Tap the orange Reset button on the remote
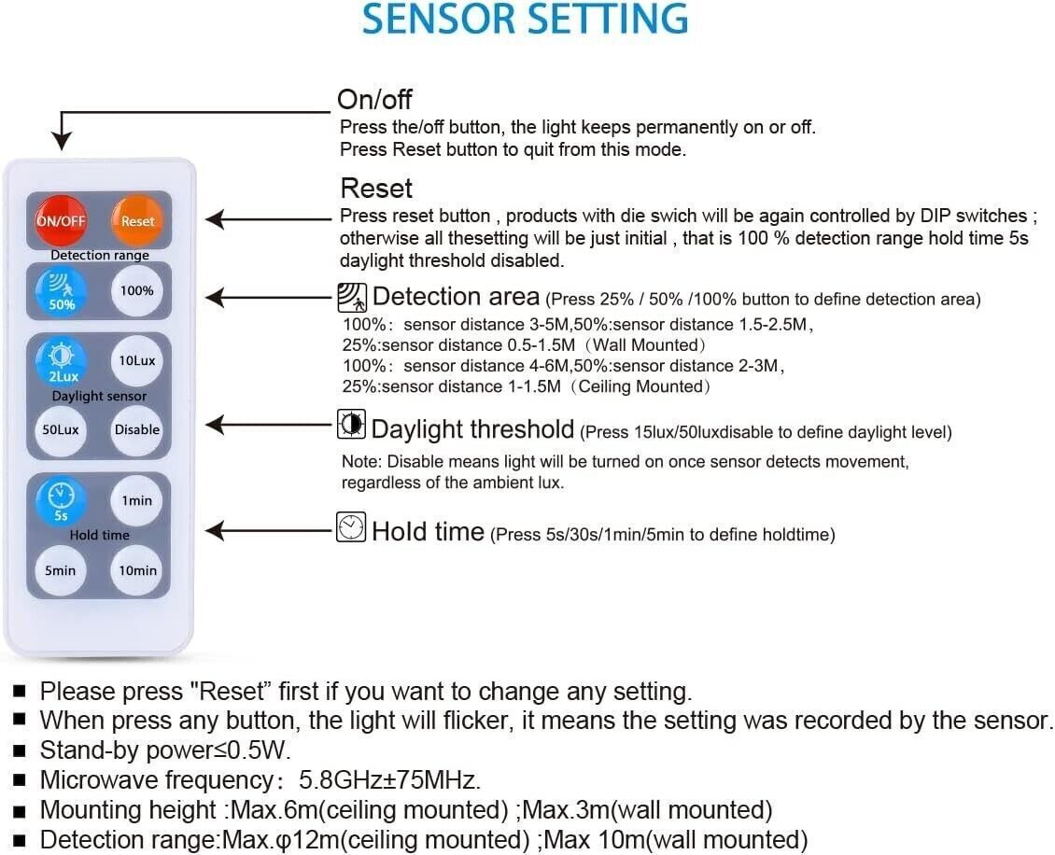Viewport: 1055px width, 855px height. [137, 221]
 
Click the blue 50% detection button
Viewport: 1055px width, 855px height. [62, 290]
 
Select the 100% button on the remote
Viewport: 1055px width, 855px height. [137, 290]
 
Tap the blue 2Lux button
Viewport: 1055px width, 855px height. [62, 361]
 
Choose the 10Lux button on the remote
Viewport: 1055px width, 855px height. [137, 360]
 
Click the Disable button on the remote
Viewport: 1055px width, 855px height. [137, 429]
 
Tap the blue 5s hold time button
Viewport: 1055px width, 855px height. [62, 499]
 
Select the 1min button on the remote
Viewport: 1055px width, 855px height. [137, 500]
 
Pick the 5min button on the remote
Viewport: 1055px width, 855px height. [61, 569]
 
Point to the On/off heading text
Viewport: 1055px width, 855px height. [374, 100]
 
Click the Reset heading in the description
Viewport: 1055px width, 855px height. [376, 189]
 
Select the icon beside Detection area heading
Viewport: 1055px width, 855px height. [351, 298]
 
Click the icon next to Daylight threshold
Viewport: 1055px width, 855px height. [351, 426]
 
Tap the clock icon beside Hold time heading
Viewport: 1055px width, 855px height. [351, 527]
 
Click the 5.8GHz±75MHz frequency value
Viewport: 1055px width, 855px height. [389, 779]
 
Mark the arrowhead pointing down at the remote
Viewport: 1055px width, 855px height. [62, 140]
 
